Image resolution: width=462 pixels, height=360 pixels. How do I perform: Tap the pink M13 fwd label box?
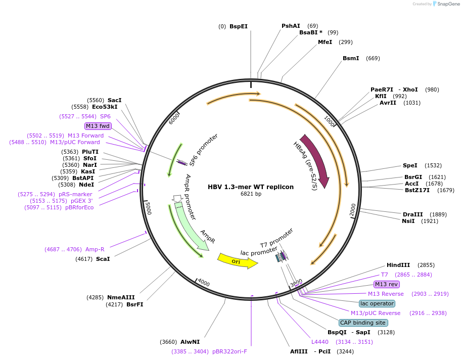(98, 126)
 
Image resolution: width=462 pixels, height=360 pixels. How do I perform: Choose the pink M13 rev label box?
(386, 284)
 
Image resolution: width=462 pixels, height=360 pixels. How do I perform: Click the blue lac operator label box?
(377, 303)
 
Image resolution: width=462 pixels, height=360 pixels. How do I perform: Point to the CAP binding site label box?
(363, 323)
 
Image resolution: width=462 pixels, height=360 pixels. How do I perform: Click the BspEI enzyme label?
(239, 26)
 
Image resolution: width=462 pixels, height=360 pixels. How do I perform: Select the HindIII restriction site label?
(398, 265)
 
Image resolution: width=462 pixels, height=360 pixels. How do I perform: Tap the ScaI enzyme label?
(103, 259)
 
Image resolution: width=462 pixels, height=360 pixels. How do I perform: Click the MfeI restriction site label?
(325, 42)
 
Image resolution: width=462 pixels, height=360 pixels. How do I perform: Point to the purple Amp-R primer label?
(95, 249)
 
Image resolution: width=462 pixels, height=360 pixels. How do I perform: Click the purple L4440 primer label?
(320, 342)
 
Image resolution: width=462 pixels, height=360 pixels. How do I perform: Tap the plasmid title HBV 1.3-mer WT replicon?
(251, 187)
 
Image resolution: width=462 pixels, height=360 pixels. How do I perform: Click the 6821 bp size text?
(251, 194)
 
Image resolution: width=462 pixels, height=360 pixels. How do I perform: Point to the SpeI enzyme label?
(410, 165)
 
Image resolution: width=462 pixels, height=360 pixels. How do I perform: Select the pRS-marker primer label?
(75, 194)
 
